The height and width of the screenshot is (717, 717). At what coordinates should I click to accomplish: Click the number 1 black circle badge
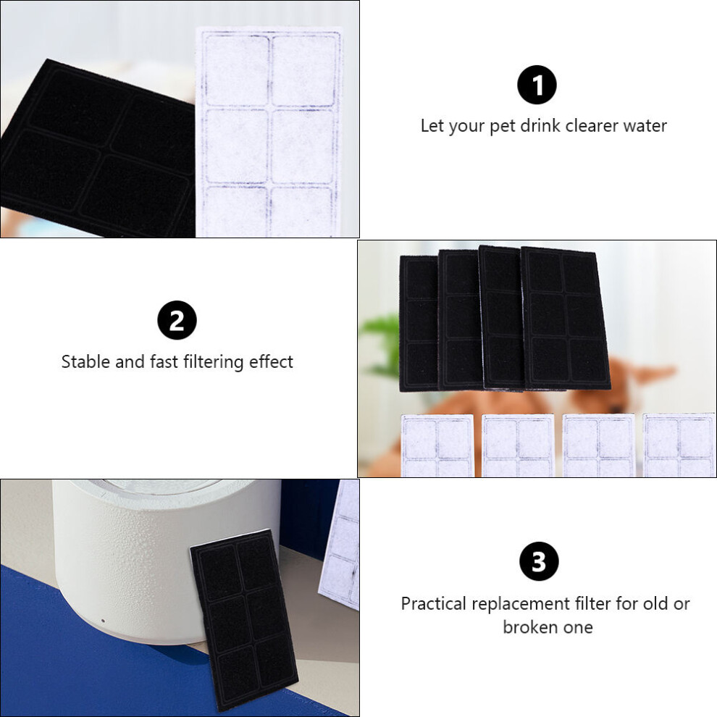(537, 85)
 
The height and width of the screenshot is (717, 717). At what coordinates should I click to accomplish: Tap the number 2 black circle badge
(177, 320)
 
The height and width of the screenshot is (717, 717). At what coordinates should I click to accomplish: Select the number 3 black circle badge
(539, 561)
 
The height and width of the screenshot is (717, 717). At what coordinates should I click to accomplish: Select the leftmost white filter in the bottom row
(437, 445)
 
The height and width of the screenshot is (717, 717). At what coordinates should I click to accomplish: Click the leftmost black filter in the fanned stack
(419, 323)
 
